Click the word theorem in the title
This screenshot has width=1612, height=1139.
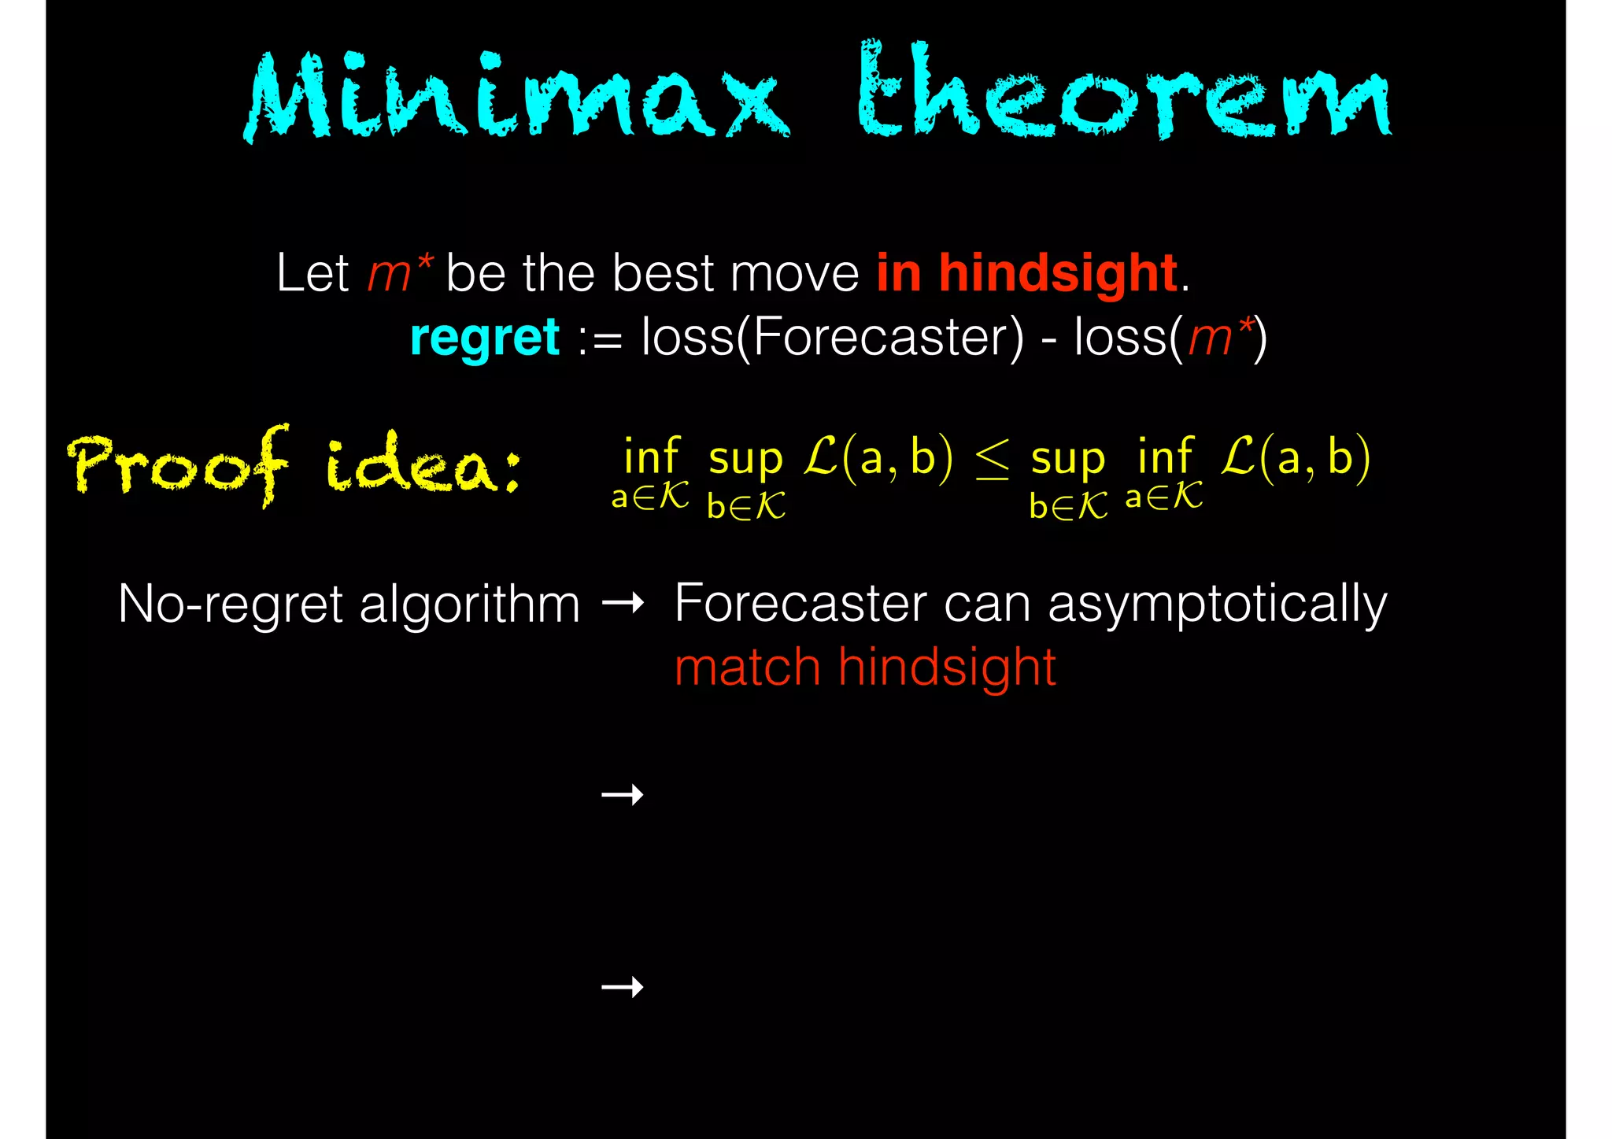coord(1123,93)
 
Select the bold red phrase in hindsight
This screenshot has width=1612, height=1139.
coord(1026,273)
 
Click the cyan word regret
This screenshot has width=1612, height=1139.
coord(484,338)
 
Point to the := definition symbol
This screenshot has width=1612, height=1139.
coord(600,340)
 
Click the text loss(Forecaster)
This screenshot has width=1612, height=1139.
coord(832,338)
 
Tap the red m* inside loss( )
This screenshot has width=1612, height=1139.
coord(1219,338)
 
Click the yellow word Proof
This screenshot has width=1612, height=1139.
coord(179,464)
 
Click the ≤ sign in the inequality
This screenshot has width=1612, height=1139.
coord(992,460)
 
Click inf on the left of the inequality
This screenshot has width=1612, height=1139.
coord(651,457)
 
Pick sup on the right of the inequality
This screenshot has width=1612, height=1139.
coord(1067,458)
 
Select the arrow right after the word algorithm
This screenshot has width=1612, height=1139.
coord(622,605)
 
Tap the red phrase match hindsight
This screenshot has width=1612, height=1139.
coord(864,667)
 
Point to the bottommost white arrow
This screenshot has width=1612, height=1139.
coord(622,986)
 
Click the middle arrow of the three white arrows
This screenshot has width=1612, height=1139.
coord(622,795)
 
